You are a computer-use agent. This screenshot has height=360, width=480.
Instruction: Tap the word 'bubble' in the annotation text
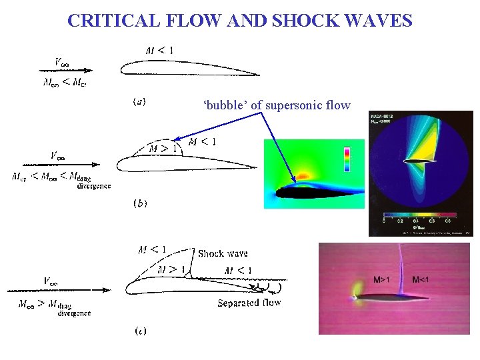click(225, 105)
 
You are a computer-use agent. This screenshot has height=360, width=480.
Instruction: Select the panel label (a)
click(140, 102)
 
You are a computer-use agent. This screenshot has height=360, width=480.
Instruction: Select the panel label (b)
click(140, 203)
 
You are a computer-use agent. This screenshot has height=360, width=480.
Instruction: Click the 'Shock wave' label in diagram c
click(223, 253)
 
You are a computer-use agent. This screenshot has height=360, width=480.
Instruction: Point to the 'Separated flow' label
click(249, 303)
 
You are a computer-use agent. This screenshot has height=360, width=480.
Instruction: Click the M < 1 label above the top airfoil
click(160, 51)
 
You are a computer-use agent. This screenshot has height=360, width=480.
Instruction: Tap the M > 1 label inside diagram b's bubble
click(162, 148)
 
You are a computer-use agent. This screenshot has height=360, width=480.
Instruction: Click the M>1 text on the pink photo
click(381, 279)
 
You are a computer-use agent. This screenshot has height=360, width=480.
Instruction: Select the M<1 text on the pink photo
click(424, 279)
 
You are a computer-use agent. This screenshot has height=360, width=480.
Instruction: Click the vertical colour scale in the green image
click(346, 160)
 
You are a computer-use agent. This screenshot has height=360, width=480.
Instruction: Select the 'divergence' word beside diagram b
click(94, 187)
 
